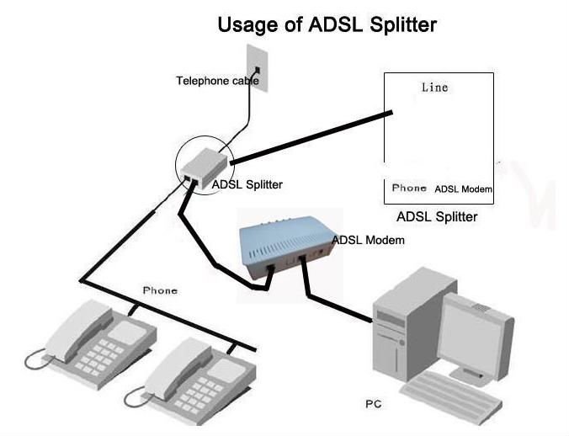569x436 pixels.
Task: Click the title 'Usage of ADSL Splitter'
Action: [x=327, y=24]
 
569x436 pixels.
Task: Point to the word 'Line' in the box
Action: [x=434, y=88]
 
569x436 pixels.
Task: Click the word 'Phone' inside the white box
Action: [x=409, y=188]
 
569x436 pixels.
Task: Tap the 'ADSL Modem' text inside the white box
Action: [x=463, y=189]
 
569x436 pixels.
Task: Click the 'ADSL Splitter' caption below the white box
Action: [x=436, y=217]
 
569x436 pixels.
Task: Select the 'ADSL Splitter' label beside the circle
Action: [x=247, y=184]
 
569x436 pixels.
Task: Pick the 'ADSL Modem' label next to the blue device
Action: [x=369, y=240]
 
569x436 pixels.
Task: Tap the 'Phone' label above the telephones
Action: [x=160, y=290]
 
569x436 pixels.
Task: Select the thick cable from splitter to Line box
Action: [x=311, y=136]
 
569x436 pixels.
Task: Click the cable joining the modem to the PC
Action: [x=337, y=302]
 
